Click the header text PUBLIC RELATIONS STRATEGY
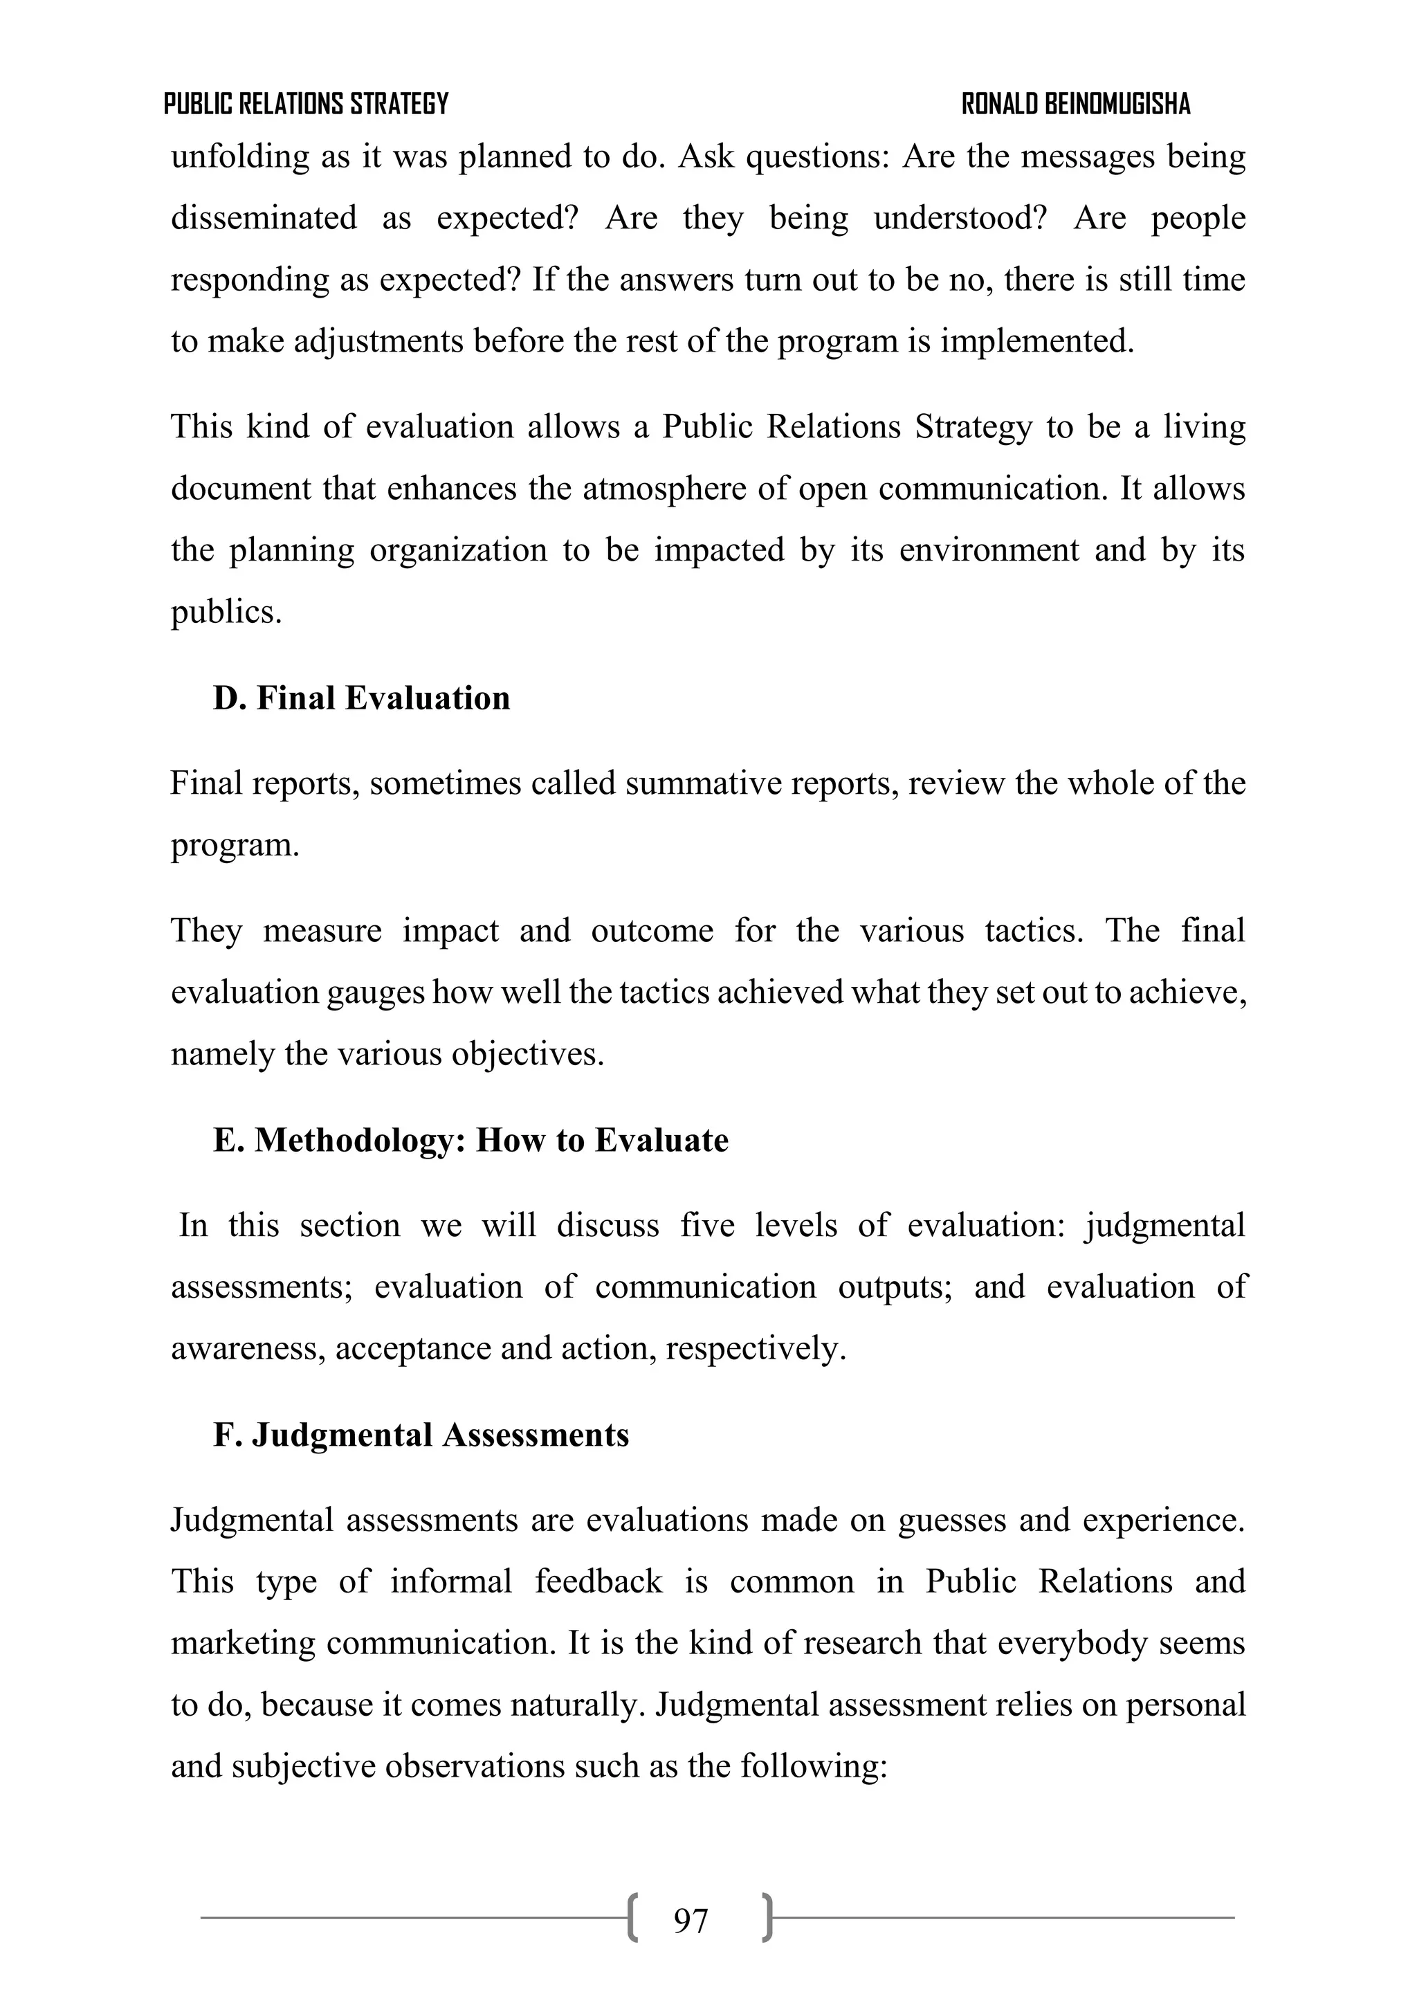(x=306, y=104)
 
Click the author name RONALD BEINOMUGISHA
(x=1076, y=104)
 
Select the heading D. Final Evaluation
(x=361, y=698)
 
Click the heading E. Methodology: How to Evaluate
(x=470, y=1140)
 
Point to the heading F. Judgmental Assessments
(x=421, y=1435)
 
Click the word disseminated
(x=264, y=217)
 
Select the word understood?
(x=960, y=217)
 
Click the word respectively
(x=756, y=1348)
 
